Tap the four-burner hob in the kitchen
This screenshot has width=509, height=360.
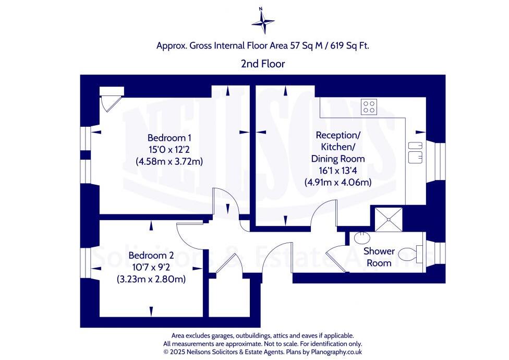[x=369, y=106]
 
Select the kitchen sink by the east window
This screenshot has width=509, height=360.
[x=416, y=151]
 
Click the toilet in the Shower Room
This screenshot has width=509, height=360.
[x=410, y=255]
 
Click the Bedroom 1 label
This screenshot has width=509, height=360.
[x=169, y=138]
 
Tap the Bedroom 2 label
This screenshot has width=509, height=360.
[x=151, y=256]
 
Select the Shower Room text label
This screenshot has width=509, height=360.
[x=379, y=257]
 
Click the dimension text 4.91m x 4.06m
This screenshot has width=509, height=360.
[x=338, y=183]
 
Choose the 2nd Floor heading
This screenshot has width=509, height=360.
[x=262, y=64]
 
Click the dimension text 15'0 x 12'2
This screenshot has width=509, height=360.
[x=169, y=150]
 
